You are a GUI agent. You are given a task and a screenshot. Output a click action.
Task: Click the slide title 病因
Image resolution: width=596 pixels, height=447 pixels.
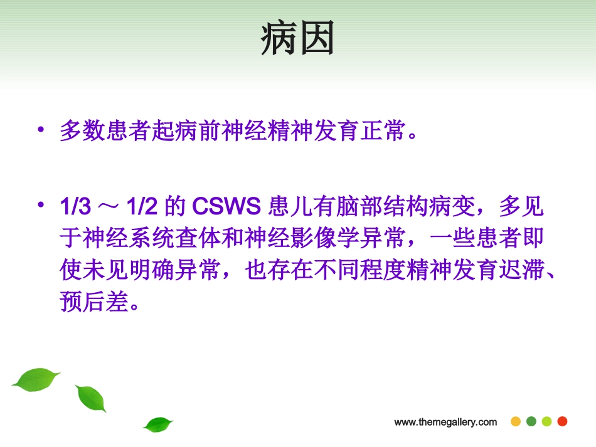point(297,39)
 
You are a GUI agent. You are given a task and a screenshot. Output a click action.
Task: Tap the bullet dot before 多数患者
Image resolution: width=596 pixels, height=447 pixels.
point(41,130)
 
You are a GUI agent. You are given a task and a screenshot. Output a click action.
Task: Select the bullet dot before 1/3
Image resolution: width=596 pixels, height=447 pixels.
point(41,204)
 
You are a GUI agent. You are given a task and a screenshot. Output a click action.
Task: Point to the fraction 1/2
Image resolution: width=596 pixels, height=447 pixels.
point(142,206)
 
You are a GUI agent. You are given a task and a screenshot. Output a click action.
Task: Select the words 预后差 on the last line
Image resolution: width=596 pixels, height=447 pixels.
point(89,303)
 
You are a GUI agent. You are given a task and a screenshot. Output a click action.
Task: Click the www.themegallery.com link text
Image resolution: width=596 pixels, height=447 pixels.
point(445,422)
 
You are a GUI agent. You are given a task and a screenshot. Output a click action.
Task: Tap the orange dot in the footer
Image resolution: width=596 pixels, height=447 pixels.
point(516,421)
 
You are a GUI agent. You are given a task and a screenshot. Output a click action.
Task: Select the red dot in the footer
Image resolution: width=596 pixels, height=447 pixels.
point(562,421)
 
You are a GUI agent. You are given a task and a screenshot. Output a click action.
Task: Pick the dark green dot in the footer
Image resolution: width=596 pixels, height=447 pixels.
point(531,421)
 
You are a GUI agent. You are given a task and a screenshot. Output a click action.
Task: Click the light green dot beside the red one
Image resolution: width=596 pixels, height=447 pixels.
point(546,421)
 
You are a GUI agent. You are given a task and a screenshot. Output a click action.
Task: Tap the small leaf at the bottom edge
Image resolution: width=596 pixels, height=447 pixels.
point(157,424)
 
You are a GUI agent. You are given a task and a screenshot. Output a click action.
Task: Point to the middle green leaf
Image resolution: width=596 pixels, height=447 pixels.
point(90,398)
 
